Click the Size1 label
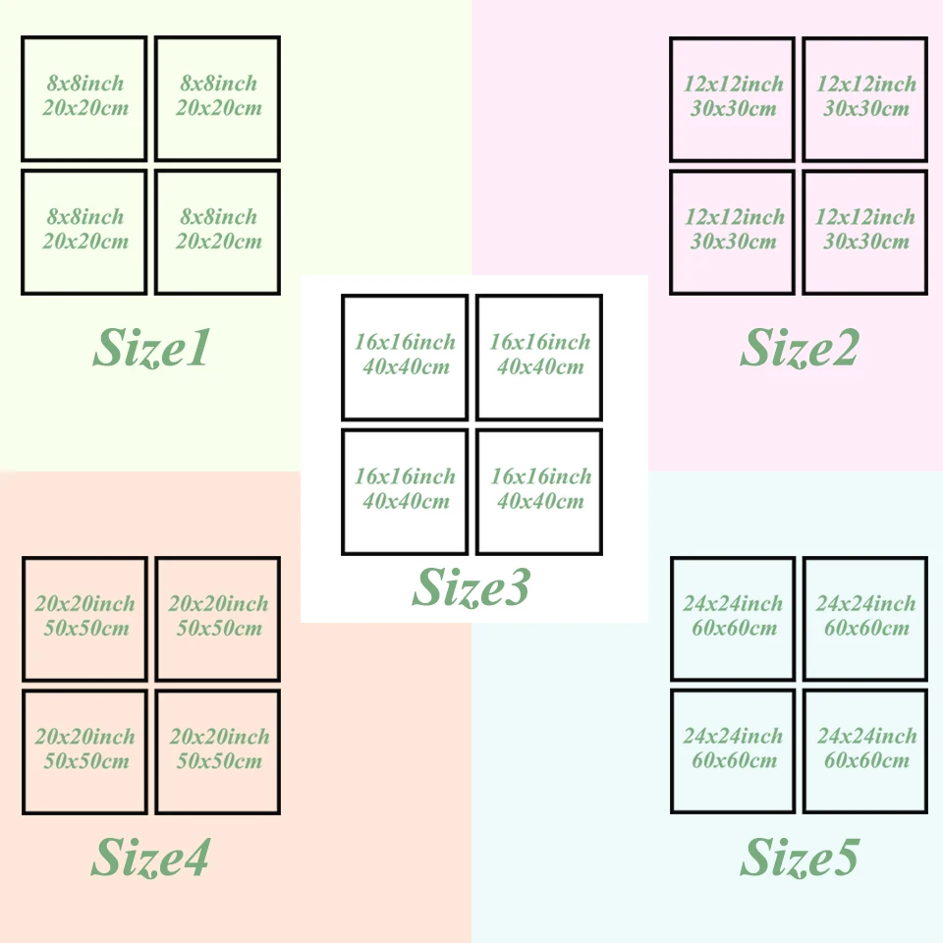[x=151, y=348]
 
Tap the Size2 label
[x=799, y=348]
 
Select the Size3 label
[x=471, y=587]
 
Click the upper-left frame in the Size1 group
[x=84, y=98]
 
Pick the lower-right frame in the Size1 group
[x=218, y=232]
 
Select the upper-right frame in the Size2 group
[x=865, y=98]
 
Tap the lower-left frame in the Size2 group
[x=732, y=232]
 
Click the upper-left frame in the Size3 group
[x=405, y=358]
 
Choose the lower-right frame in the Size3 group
[x=539, y=491]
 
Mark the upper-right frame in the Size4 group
[x=218, y=619]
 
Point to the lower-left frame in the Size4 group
[x=84, y=751]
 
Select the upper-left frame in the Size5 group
[x=733, y=619]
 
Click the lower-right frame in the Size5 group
[x=865, y=751]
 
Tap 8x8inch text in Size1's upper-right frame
[x=219, y=83]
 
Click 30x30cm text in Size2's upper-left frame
[x=733, y=108]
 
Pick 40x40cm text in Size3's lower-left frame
[x=406, y=502]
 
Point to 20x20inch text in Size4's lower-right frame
[x=219, y=737]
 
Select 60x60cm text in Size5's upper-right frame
[x=865, y=628]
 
